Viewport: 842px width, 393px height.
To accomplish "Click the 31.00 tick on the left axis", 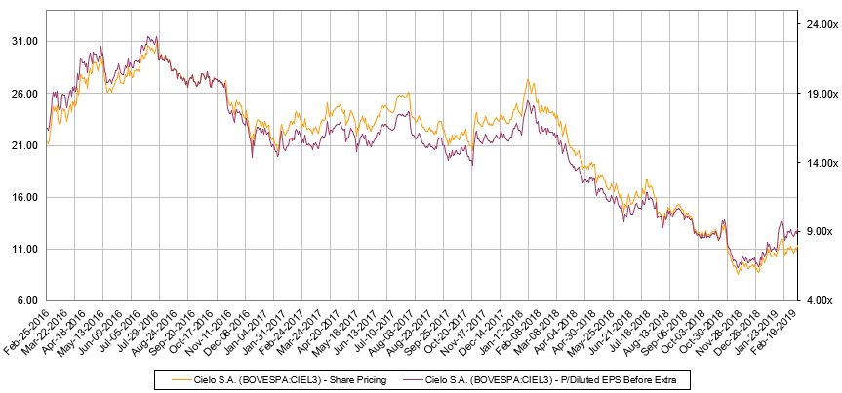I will pyautogui.click(x=23, y=42).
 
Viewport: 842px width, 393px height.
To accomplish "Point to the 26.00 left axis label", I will pyautogui.click(x=23, y=94).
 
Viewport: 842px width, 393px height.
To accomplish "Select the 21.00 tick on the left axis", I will pyautogui.click(x=23, y=145).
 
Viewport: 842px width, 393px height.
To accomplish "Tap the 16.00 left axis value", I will pyautogui.click(x=23, y=197).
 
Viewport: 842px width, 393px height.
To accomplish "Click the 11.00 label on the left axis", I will pyautogui.click(x=23, y=249).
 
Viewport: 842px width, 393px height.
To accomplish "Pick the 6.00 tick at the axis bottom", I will pyautogui.click(x=26, y=300).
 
